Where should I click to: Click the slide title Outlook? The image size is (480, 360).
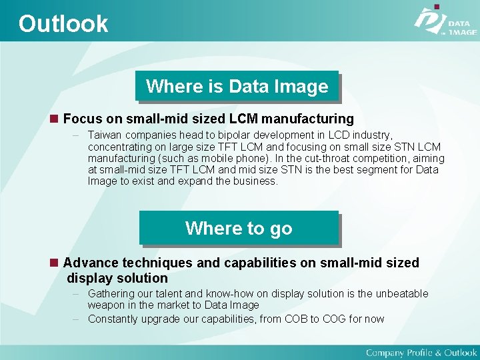(63, 24)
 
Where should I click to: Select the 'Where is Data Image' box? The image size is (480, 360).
(237, 86)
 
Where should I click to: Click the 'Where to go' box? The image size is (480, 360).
(239, 228)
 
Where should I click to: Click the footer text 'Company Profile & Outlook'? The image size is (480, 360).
(421, 353)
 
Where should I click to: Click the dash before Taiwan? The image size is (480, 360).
(77, 135)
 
